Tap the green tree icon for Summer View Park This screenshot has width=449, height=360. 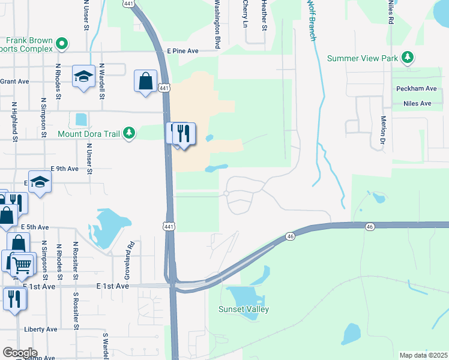[x=408, y=58]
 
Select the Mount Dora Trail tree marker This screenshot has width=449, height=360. [x=128, y=133]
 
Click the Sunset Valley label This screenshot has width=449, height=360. [x=244, y=309]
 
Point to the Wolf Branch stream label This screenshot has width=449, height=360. [x=311, y=21]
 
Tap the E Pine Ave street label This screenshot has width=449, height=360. [x=182, y=52]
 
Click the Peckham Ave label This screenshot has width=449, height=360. [x=417, y=88]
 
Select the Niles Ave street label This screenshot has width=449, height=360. [x=418, y=103]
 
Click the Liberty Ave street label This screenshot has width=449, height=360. [x=41, y=329]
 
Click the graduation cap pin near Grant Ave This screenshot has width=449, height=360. [x=84, y=76]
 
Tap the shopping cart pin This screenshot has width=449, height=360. [x=22, y=263]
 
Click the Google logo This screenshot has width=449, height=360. [x=20, y=353]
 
